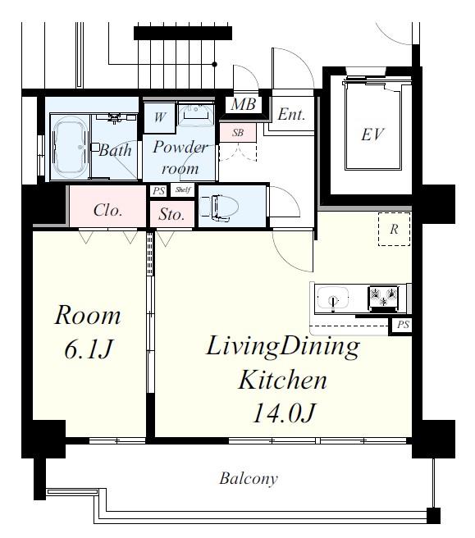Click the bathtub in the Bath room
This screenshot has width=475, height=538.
70,147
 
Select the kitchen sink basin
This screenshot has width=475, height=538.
332,298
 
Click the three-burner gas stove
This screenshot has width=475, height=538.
383,297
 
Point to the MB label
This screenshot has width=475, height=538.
243,104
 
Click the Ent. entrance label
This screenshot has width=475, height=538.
291,114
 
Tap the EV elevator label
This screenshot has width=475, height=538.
372,134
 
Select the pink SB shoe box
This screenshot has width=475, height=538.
238,133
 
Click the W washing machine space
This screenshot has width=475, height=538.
160,118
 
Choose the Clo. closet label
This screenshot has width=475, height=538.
107,210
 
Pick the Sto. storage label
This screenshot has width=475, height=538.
171,215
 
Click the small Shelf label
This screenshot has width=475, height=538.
183,189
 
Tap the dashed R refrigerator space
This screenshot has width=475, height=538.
394,229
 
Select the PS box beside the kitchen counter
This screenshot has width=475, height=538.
402,325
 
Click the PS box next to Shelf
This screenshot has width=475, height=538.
159,191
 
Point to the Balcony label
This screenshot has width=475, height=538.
249,478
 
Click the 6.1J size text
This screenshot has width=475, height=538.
89,349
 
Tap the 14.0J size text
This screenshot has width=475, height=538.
284,413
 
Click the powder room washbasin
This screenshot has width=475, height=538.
196,112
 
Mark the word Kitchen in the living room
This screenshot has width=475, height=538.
282,380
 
